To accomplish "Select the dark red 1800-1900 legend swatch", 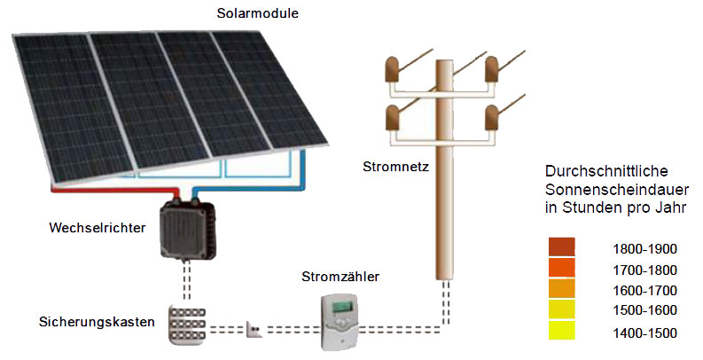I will coord(561,247).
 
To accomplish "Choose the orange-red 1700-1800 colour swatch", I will coord(561,268).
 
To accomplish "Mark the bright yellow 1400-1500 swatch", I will coord(561,332).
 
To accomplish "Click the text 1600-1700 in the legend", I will coord(644,291).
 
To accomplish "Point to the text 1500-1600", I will coord(644,310).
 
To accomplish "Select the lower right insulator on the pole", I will coord(494,117).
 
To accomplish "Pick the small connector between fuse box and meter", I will coord(255,333).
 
